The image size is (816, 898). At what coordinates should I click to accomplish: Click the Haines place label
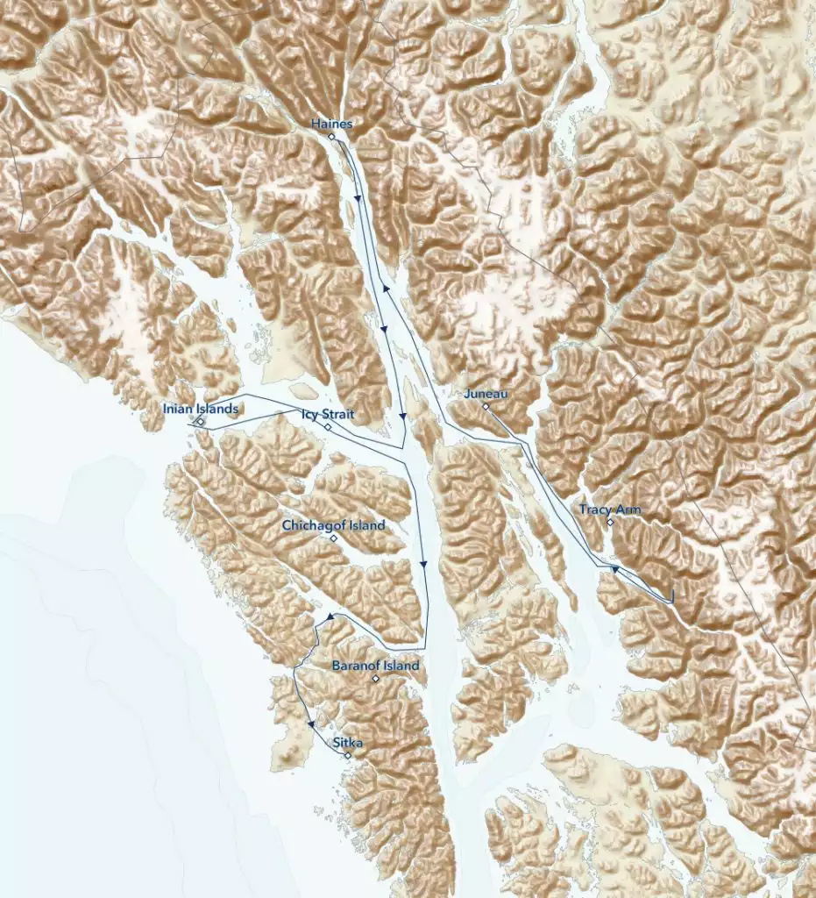pyautogui.click(x=332, y=125)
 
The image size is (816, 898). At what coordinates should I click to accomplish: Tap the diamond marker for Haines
pyautogui.click(x=332, y=137)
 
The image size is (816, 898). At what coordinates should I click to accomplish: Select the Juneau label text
pyautogui.click(x=486, y=395)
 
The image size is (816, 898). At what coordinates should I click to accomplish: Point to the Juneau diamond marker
pyautogui.click(x=486, y=406)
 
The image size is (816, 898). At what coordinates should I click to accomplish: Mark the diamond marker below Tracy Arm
pyautogui.click(x=610, y=523)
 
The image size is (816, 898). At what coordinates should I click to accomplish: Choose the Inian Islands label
pyautogui.click(x=201, y=409)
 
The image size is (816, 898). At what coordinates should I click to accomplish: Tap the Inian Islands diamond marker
pyautogui.click(x=201, y=422)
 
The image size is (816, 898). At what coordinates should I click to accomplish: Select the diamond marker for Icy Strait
pyautogui.click(x=327, y=427)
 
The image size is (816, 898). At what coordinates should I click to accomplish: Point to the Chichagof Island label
pyautogui.click(x=333, y=525)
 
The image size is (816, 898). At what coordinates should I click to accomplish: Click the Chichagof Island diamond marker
pyautogui.click(x=333, y=538)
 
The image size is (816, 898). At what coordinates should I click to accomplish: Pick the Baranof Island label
pyautogui.click(x=375, y=666)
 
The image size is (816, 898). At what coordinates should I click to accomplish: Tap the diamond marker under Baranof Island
pyautogui.click(x=375, y=679)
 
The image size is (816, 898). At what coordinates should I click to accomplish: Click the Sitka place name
pyautogui.click(x=348, y=743)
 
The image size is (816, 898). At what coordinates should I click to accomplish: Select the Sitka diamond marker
pyautogui.click(x=348, y=755)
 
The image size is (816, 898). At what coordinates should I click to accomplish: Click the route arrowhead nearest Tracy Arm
pyautogui.click(x=615, y=570)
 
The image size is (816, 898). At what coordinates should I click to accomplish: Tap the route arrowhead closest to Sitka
pyautogui.click(x=311, y=724)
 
